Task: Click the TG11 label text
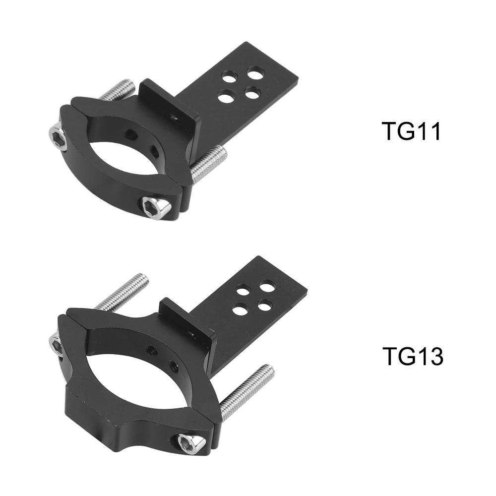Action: coord(411,131)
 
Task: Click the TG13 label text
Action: coord(413,356)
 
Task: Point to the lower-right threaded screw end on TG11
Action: coord(209,164)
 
